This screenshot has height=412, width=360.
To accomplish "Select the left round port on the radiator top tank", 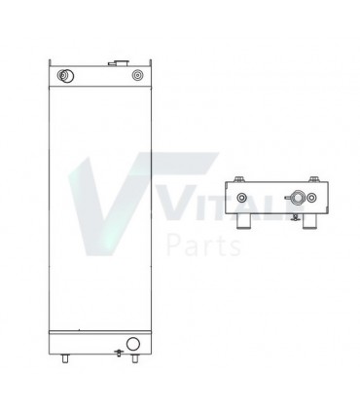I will [65, 75].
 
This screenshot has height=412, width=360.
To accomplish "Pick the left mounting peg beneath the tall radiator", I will [65, 358].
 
